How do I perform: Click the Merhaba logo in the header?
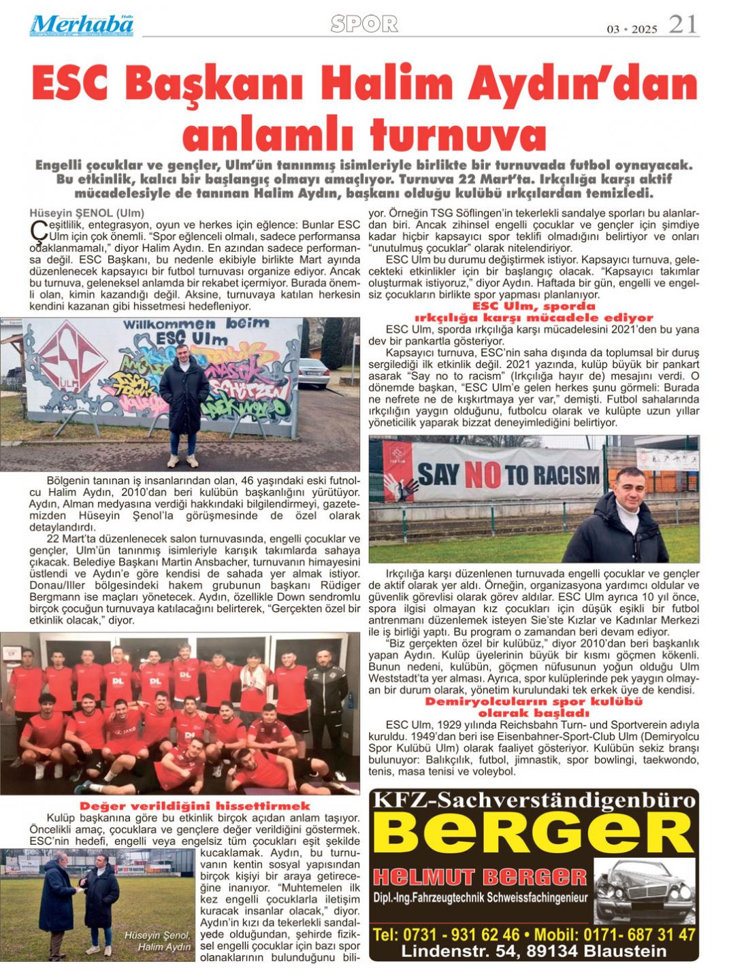pos(82,24)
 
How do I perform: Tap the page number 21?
pos(683,24)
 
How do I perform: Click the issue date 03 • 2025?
pos(632,29)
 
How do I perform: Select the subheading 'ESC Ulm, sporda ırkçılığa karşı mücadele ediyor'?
pos(534,312)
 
